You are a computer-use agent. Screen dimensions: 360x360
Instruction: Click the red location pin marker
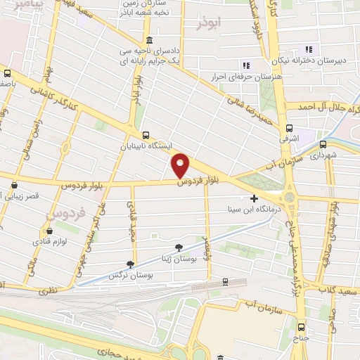(181, 165)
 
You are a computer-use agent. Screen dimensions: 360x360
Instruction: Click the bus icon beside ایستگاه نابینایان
(146, 135)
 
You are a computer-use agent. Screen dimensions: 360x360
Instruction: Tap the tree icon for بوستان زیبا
(179, 246)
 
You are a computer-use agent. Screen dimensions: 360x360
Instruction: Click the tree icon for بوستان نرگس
(129, 264)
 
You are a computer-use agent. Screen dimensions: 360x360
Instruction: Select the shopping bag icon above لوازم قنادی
(49, 230)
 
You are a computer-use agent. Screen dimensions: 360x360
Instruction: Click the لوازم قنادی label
(49, 241)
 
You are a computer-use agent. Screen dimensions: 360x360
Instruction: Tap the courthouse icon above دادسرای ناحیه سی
(148, 41)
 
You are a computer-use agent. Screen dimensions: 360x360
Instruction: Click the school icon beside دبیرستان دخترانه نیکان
(307, 49)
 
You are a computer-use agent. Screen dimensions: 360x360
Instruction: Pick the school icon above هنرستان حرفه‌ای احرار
(244, 64)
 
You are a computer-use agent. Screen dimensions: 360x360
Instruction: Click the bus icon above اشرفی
(289, 128)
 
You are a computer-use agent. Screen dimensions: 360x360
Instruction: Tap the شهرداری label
(326, 153)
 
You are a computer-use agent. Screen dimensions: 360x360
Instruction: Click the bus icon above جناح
(302, 326)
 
